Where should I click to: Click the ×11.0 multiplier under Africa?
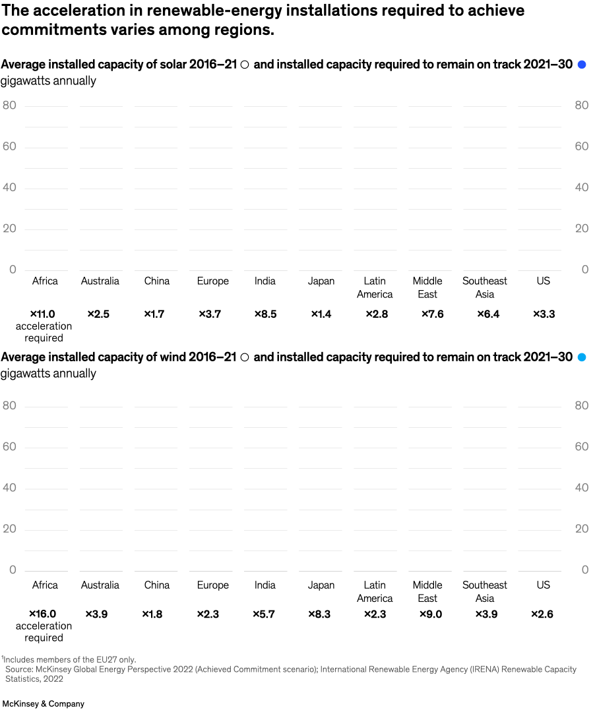click(42, 314)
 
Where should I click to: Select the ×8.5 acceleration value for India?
click(265, 314)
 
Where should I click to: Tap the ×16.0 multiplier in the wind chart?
click(42, 614)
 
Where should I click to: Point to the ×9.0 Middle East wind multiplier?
click(431, 614)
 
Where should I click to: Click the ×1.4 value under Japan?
click(321, 314)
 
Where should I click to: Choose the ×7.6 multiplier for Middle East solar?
click(432, 314)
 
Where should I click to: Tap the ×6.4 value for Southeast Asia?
click(487, 314)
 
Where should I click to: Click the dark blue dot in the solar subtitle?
click(582, 65)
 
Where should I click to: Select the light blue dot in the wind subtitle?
click(582, 357)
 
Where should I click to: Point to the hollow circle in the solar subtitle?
click(245, 65)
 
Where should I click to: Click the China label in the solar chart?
click(157, 281)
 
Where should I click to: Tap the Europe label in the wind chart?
click(212, 585)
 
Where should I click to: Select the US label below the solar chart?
click(543, 281)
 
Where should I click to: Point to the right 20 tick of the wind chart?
click(581, 529)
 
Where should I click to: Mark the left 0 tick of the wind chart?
click(13, 570)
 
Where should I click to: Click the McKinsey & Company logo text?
click(44, 703)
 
